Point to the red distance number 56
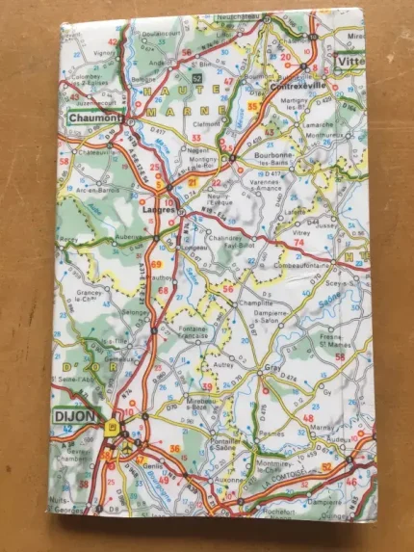pos(227,289)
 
